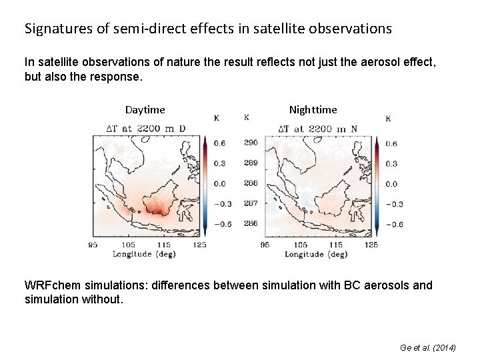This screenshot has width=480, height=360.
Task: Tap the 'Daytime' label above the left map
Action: point(145,109)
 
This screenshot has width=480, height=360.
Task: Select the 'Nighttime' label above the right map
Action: point(313,109)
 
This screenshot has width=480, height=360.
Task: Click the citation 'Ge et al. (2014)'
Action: point(427,348)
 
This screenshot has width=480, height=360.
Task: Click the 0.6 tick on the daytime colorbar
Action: point(219,143)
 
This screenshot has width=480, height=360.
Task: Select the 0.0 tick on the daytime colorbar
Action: point(219,183)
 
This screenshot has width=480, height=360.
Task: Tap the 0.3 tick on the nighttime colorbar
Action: point(391,164)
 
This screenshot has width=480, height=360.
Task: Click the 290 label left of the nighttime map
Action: point(251,143)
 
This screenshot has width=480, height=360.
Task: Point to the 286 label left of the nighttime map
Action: point(251,223)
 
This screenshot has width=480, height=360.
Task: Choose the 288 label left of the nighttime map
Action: point(251,183)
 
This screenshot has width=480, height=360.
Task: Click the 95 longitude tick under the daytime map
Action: point(93,245)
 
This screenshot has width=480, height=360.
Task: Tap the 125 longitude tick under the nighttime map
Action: point(371,245)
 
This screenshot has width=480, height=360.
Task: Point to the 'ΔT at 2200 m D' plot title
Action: point(146,129)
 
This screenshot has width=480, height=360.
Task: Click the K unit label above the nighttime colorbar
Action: point(388,119)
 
